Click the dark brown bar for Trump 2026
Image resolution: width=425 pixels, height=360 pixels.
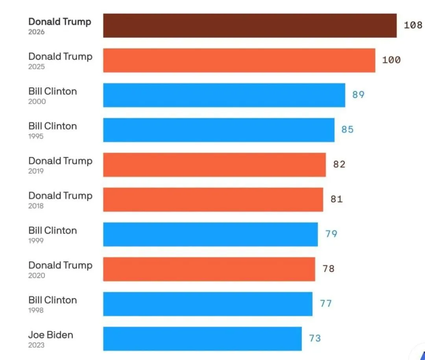coord(250,26)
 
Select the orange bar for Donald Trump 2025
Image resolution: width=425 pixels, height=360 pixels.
coord(239,60)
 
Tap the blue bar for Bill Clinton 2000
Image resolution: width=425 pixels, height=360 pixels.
coord(224,95)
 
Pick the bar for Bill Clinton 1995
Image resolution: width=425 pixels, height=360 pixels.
coord(219,130)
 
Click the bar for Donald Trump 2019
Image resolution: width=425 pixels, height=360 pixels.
coord(214,165)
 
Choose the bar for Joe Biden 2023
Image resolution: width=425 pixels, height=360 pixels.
coord(203,339)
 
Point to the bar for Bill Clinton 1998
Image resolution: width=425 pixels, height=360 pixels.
coord(208,304)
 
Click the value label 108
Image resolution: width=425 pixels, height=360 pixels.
coord(413,25)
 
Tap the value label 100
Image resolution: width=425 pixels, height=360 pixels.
coord(392,60)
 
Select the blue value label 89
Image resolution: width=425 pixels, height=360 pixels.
coord(358,95)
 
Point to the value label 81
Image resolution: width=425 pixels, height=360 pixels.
coord(336,199)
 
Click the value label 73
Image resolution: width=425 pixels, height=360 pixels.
coord(315,338)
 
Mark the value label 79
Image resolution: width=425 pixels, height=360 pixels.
coord(331,234)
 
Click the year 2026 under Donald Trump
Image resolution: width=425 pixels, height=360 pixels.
coord(36,32)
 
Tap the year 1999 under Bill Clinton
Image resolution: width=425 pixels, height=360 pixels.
coord(36,241)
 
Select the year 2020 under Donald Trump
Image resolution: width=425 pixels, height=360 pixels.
coord(37,276)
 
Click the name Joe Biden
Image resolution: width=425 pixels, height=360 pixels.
coord(51,335)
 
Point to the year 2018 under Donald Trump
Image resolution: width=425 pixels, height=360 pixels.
coord(36,206)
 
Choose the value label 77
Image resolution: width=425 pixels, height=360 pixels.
coord(326,304)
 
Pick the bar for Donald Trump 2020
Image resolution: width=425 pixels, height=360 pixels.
coord(209,269)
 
